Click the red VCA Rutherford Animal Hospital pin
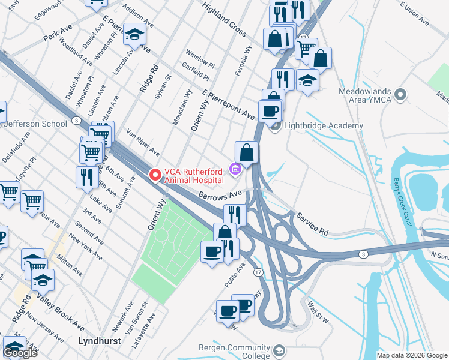(x=155, y=175)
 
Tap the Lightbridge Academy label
(x=324, y=125)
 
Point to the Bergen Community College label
(x=235, y=352)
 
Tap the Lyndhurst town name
(x=100, y=340)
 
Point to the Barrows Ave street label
(x=220, y=194)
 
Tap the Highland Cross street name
(x=224, y=17)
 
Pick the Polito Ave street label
(x=235, y=274)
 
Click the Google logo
(x=20, y=352)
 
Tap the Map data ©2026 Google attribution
(x=412, y=355)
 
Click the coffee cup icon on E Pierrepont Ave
(x=270, y=110)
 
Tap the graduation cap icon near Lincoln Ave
(x=135, y=34)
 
